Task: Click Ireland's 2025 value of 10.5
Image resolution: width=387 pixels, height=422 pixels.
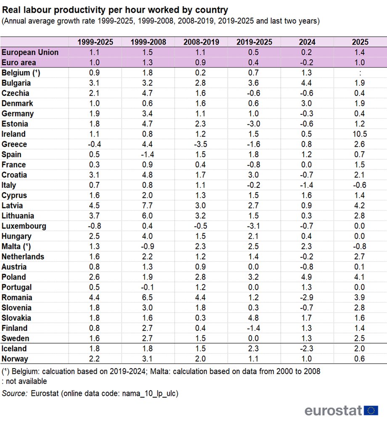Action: pyautogui.click(x=360, y=134)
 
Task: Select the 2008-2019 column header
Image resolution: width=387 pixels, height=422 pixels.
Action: pyautogui.click(x=201, y=42)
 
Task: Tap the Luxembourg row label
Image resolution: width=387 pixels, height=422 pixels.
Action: pyautogui.click(x=24, y=226)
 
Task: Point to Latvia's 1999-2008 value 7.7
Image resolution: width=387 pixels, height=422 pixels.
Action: pyautogui.click(x=147, y=206)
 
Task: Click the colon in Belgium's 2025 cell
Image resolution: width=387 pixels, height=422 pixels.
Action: pyautogui.click(x=360, y=73)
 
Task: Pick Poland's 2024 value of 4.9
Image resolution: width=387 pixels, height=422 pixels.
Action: pyautogui.click(x=307, y=277)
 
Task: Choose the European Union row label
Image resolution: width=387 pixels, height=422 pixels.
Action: pyautogui.click(x=30, y=52)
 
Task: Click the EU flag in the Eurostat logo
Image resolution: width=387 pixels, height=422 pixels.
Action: pyautogui.click(x=371, y=410)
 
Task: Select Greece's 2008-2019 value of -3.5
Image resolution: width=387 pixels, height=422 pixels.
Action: pyautogui.click(x=200, y=144)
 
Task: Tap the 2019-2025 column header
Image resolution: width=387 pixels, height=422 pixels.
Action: pyautogui.click(x=254, y=42)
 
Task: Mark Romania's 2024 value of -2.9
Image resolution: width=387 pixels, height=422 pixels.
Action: pyautogui.click(x=307, y=298)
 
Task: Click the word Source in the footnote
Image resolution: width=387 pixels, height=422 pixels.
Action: pyautogui.click(x=15, y=393)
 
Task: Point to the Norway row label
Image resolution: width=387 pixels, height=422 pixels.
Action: pyautogui.click(x=15, y=359)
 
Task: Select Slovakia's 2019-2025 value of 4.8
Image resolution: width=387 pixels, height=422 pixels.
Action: pyautogui.click(x=253, y=318)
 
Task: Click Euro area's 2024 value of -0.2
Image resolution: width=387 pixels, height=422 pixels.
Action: pyautogui.click(x=307, y=63)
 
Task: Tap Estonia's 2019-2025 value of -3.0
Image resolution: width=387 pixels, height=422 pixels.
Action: pyautogui.click(x=253, y=124)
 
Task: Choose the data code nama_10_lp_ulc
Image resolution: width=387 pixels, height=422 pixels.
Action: pyautogui.click(x=149, y=393)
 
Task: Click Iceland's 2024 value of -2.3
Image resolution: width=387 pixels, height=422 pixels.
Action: pyautogui.click(x=307, y=349)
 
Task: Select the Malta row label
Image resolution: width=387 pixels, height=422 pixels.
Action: pyautogui.click(x=16, y=247)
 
